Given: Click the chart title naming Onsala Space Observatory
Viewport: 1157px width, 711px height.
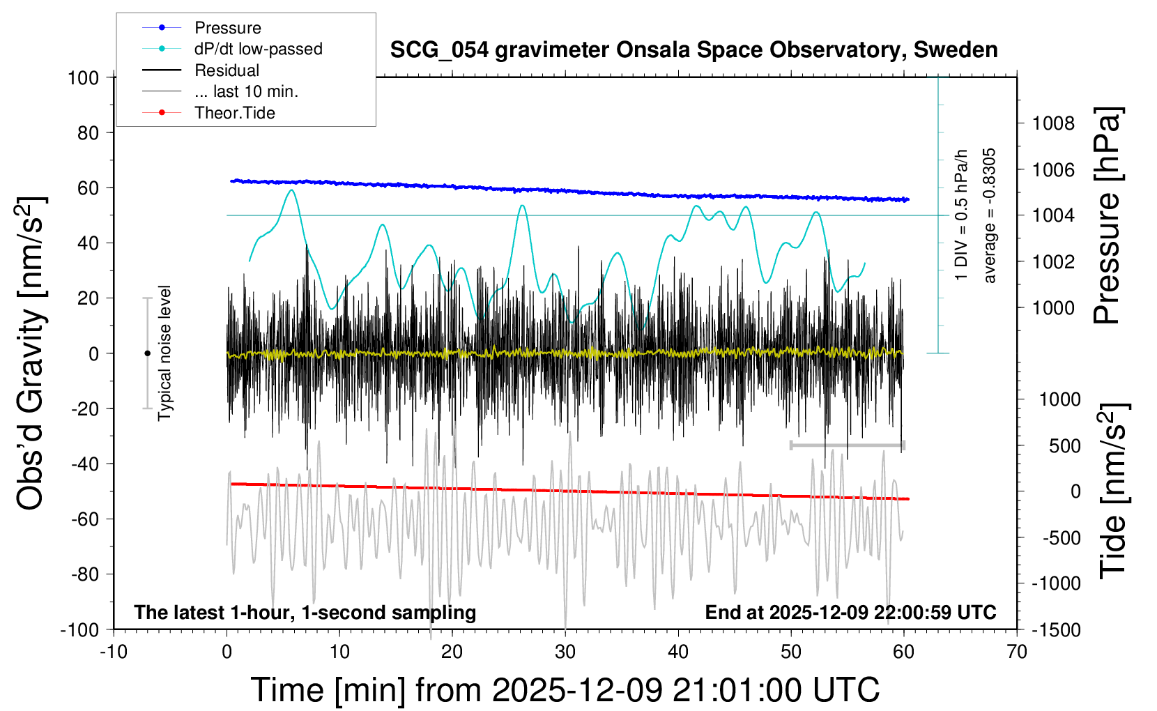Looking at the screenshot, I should pyautogui.click(x=694, y=50).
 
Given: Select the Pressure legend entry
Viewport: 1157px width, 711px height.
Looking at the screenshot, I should pyautogui.click(x=227, y=28).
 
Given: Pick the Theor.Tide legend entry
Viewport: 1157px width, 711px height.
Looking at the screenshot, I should pyautogui.click(x=234, y=113).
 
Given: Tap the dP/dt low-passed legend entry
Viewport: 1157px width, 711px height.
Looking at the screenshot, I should pyautogui.click(x=258, y=49).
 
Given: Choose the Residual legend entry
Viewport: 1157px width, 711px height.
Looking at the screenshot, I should pyautogui.click(x=227, y=70).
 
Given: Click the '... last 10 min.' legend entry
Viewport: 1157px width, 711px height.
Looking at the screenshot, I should pyautogui.click(x=246, y=91).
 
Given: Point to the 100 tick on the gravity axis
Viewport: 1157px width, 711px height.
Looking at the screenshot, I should pyautogui.click(x=83, y=77).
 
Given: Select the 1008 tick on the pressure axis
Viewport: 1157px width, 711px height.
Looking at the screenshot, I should pyautogui.click(x=1053, y=124).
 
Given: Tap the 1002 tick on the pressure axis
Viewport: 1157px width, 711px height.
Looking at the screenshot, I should pyautogui.click(x=1053, y=262).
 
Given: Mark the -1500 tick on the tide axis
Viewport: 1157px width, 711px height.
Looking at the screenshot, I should pyautogui.click(x=1056, y=630).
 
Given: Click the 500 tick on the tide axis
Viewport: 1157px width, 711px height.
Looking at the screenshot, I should pyautogui.click(x=1064, y=446).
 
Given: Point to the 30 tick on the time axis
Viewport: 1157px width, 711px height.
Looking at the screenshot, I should pyautogui.click(x=565, y=652).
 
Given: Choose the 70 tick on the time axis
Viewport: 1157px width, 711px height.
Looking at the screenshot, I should pyautogui.click(x=1017, y=652).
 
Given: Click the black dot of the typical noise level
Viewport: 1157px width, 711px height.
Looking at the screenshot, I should pyautogui.click(x=147, y=353).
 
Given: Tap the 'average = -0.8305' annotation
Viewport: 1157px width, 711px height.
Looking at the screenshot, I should pyautogui.click(x=989, y=215).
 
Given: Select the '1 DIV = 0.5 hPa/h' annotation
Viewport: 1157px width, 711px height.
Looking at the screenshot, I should pyautogui.click(x=962, y=215).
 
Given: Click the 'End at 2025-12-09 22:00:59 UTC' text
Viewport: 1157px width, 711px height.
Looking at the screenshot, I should pyautogui.click(x=850, y=613).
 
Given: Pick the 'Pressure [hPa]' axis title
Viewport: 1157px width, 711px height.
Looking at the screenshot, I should pyautogui.click(x=1108, y=215).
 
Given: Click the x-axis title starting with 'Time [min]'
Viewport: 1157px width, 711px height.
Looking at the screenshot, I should pyautogui.click(x=565, y=690).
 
